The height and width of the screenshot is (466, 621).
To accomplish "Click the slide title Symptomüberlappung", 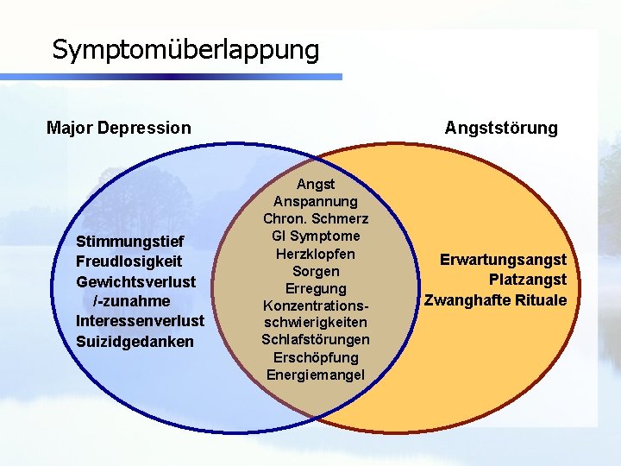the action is [x=185, y=49].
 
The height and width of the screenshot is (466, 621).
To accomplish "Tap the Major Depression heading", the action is [x=118, y=129].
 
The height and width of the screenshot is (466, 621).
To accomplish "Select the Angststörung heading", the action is [x=501, y=129].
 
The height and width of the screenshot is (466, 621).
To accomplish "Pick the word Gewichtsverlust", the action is [x=136, y=281].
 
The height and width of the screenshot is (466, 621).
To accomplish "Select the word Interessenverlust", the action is [x=141, y=321].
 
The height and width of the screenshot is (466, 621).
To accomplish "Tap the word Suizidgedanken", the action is [x=135, y=342].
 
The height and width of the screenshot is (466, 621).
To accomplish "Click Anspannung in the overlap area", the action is [x=316, y=201].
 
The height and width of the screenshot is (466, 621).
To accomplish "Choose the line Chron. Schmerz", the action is [x=316, y=218].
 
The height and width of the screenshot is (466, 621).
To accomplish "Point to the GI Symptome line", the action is [x=316, y=236].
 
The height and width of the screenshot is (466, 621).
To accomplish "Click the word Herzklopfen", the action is [x=316, y=254].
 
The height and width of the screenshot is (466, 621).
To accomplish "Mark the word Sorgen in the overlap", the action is [x=316, y=271].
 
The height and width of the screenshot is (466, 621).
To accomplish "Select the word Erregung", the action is [x=316, y=288].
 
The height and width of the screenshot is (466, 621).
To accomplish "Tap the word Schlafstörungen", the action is [x=316, y=340].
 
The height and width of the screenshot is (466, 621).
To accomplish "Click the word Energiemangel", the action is [x=316, y=375].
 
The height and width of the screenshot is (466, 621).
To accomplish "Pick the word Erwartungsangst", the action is [x=503, y=260].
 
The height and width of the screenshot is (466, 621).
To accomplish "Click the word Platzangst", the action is [x=527, y=280].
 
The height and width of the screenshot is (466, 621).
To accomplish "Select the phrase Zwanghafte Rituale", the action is [x=495, y=300].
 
